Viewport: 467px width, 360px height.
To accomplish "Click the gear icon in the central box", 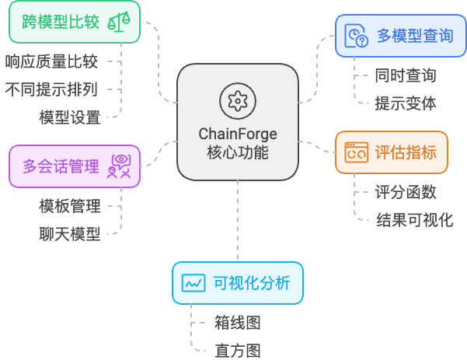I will pyautogui.click(x=237, y=101).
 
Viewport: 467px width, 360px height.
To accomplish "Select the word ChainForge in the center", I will pyautogui.click(x=238, y=134).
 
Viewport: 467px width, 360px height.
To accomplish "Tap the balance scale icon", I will pyautogui.click(x=118, y=22).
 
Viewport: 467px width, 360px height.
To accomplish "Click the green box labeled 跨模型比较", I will pyautogui.click(x=75, y=22).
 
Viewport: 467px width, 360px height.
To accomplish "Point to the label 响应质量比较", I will pyautogui.click(x=51, y=61).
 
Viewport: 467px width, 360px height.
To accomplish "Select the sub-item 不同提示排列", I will pyautogui.click(x=51, y=89).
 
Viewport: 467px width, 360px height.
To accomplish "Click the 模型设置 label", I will pyautogui.click(x=70, y=117).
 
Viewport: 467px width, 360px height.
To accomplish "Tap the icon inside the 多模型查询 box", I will pyautogui.click(x=357, y=36).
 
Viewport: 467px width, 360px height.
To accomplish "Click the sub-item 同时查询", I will pyautogui.click(x=405, y=75).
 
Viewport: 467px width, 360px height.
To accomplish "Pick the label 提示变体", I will pyautogui.click(x=405, y=103).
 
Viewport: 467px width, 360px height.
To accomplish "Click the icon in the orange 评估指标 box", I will pyautogui.click(x=357, y=152).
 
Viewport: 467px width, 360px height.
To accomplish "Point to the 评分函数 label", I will pyautogui.click(x=405, y=191).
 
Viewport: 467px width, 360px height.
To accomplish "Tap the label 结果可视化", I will pyautogui.click(x=414, y=219).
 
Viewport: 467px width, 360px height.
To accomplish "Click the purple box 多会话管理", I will pyautogui.click(x=75, y=166).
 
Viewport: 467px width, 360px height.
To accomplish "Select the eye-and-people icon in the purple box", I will pyautogui.click(x=119, y=166).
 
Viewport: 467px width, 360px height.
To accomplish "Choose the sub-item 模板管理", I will pyautogui.click(x=70, y=206).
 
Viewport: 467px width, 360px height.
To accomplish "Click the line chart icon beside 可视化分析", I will pyautogui.click(x=193, y=283).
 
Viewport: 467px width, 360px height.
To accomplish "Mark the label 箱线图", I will pyautogui.click(x=237, y=323).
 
